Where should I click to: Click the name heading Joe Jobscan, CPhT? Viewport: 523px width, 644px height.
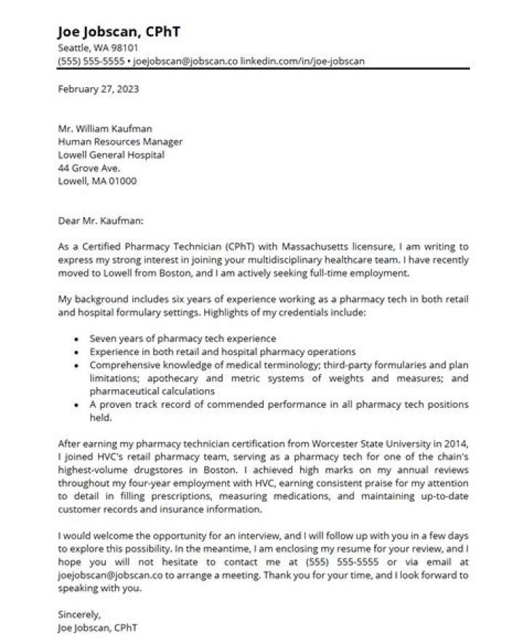(x=119, y=32)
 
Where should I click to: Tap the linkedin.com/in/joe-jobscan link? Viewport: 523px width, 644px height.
(x=303, y=61)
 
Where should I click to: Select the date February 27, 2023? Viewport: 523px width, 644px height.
(x=98, y=91)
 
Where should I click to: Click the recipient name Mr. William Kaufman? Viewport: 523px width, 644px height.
(x=105, y=129)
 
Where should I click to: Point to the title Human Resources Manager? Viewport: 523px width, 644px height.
(x=120, y=142)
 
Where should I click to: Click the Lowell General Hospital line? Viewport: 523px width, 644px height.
(x=111, y=155)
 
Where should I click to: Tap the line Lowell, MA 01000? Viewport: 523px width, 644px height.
(x=97, y=182)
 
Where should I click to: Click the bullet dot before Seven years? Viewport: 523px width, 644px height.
(x=76, y=339)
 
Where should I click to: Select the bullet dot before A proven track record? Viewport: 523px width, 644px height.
(x=76, y=404)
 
